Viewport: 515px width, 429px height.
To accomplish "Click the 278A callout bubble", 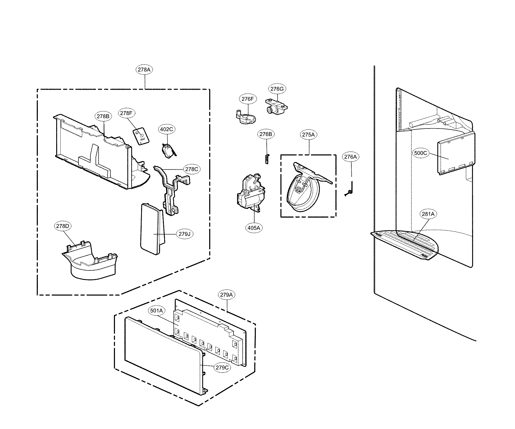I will click(144, 70).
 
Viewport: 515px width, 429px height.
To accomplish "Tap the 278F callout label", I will click(127, 113).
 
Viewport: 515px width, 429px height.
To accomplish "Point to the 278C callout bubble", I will click(192, 169).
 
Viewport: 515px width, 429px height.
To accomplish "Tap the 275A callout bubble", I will click(308, 135).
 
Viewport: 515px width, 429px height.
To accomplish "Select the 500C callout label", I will click(420, 153).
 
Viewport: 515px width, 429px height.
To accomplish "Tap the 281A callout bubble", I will click(428, 214).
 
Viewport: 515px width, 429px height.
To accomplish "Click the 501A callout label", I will click(156, 311).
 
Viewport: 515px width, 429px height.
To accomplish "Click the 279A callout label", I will click(226, 295).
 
